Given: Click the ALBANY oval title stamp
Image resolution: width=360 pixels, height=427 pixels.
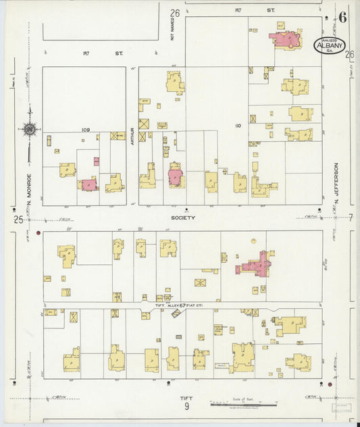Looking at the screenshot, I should coord(330,44).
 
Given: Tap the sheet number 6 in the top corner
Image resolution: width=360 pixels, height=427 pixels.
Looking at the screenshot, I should coord(343,17).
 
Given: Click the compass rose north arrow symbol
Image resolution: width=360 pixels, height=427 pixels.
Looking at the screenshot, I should coord(29,128).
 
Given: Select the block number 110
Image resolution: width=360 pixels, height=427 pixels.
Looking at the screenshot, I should coord(237,126).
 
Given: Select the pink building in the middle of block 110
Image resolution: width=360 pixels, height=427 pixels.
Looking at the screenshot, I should coord(176,176).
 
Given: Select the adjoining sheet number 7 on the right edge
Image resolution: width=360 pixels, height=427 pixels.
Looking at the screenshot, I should coord(351,217).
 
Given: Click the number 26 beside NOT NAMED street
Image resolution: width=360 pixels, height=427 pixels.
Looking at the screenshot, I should coord(175,14).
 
